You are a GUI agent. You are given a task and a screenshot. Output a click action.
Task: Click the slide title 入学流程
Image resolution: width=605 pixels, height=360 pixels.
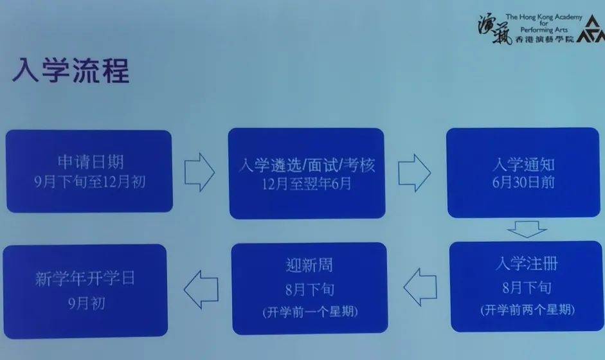[x=71, y=70]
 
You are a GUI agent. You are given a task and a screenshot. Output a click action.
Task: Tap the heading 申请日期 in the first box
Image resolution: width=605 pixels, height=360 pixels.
[x=91, y=161]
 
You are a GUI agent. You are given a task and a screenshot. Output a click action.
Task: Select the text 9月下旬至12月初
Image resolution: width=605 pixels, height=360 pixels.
[x=90, y=182]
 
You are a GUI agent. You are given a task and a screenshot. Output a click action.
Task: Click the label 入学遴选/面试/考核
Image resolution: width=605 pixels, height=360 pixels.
[x=307, y=165]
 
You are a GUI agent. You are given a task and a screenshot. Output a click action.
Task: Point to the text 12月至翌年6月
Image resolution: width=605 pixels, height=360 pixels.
[x=307, y=184]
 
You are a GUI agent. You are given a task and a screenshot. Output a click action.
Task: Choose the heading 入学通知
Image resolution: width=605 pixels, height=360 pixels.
[x=523, y=165]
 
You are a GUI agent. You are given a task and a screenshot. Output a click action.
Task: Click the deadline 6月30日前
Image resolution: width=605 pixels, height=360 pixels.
[x=523, y=182]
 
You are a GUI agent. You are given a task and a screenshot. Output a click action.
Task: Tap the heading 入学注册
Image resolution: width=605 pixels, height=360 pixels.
[x=527, y=264]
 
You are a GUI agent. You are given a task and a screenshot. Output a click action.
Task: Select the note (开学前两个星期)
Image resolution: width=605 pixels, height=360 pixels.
[x=527, y=309]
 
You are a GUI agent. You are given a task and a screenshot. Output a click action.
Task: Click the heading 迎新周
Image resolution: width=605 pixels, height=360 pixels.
[x=309, y=265]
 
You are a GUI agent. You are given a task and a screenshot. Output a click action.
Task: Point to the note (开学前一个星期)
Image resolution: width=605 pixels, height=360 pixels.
[x=310, y=312]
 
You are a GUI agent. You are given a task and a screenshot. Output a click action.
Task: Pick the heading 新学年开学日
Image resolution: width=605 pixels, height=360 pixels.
[x=85, y=278]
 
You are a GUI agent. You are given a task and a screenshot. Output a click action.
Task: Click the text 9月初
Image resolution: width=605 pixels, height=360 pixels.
[x=86, y=303]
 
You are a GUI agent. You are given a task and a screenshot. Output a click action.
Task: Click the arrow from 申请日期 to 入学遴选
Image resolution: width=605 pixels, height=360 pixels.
[x=199, y=172]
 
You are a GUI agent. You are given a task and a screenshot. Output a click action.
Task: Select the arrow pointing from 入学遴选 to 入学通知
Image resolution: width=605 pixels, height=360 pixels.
[x=415, y=173]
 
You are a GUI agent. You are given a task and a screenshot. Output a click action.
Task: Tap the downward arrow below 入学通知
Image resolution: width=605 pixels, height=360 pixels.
[x=527, y=230]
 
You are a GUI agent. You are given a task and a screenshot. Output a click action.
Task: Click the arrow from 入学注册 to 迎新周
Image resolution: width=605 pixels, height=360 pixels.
[x=420, y=287]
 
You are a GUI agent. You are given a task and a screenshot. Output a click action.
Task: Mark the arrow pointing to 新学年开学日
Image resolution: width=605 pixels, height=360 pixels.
[x=201, y=289]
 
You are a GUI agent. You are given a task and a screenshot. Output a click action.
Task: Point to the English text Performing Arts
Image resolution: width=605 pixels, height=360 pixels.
[x=544, y=30]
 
